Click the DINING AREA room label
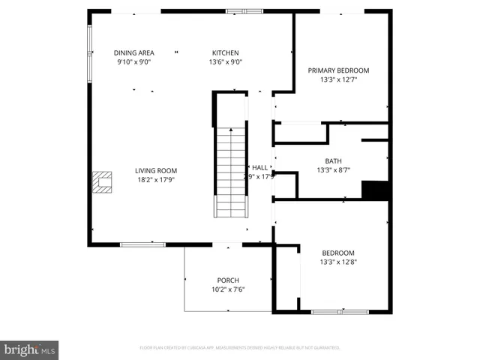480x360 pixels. (x=134, y=52)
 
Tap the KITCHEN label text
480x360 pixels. (x=225, y=52)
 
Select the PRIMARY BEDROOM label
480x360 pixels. (x=338, y=70)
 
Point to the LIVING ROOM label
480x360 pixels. (x=156, y=170)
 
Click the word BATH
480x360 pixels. (x=332, y=161)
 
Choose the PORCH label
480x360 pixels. (x=228, y=280)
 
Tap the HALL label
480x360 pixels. (x=260, y=168)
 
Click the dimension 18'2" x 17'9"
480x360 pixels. (x=156, y=180)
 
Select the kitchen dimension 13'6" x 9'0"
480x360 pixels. (x=225, y=62)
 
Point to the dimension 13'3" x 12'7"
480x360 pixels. (x=338, y=79)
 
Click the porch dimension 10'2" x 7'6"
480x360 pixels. (x=228, y=289)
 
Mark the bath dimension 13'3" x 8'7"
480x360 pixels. (x=332, y=170)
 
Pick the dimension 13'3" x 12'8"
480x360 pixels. (x=337, y=262)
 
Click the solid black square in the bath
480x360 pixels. (x=375, y=190)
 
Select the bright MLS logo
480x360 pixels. (x=30, y=349)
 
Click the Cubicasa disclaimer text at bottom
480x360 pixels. (x=240, y=348)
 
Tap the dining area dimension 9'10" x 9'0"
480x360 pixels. (x=134, y=62)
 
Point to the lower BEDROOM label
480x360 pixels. (x=337, y=253)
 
